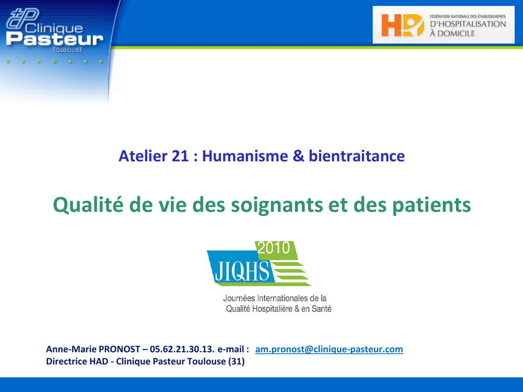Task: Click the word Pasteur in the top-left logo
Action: click(55, 39)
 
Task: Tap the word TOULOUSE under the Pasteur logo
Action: click(67, 50)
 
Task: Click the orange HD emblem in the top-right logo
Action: click(402, 25)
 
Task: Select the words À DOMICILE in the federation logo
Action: click(452, 33)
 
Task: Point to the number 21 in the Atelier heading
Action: click(180, 156)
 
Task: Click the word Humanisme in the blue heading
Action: click(245, 156)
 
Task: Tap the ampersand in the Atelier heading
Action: click(298, 156)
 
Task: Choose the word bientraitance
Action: click(356, 156)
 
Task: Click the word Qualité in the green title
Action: click(88, 205)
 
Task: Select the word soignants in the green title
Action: click(277, 205)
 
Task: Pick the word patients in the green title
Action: click(432, 205)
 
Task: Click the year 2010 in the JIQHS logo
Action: click(274, 248)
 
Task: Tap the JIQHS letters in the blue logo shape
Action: click(242, 272)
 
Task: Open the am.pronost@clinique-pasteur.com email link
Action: click(329, 349)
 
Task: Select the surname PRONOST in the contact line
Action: click(120, 349)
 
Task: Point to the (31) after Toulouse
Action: click(236, 362)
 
